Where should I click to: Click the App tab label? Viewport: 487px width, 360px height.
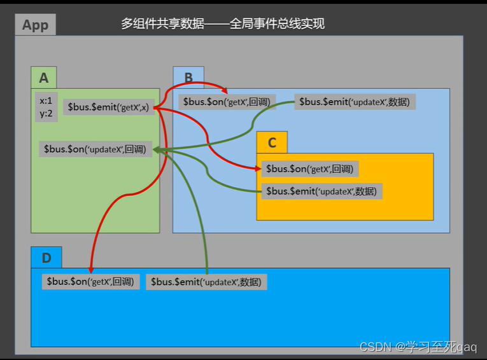(35, 25)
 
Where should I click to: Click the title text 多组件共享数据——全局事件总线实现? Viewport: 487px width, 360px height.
(223, 24)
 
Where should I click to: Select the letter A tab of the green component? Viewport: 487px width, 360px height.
(43, 78)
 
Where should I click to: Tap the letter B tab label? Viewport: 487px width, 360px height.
(188, 78)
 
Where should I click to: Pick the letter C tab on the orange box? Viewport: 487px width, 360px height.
(272, 142)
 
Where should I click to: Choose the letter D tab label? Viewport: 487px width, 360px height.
(46, 258)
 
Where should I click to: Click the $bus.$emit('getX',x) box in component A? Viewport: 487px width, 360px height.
(108, 107)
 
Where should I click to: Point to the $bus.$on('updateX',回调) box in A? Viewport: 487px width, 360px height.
(95, 149)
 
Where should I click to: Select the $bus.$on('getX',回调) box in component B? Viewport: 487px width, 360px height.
(227, 102)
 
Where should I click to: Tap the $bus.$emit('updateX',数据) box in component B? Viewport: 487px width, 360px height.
(355, 102)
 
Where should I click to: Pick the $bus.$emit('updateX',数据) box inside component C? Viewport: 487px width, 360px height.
(321, 191)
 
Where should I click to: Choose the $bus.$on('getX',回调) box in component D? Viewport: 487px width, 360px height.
(91, 282)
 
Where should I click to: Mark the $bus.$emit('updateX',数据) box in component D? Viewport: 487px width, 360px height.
(206, 282)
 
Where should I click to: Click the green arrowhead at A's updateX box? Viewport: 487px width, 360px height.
(157, 150)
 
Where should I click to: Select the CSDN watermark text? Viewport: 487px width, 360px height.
(418, 347)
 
